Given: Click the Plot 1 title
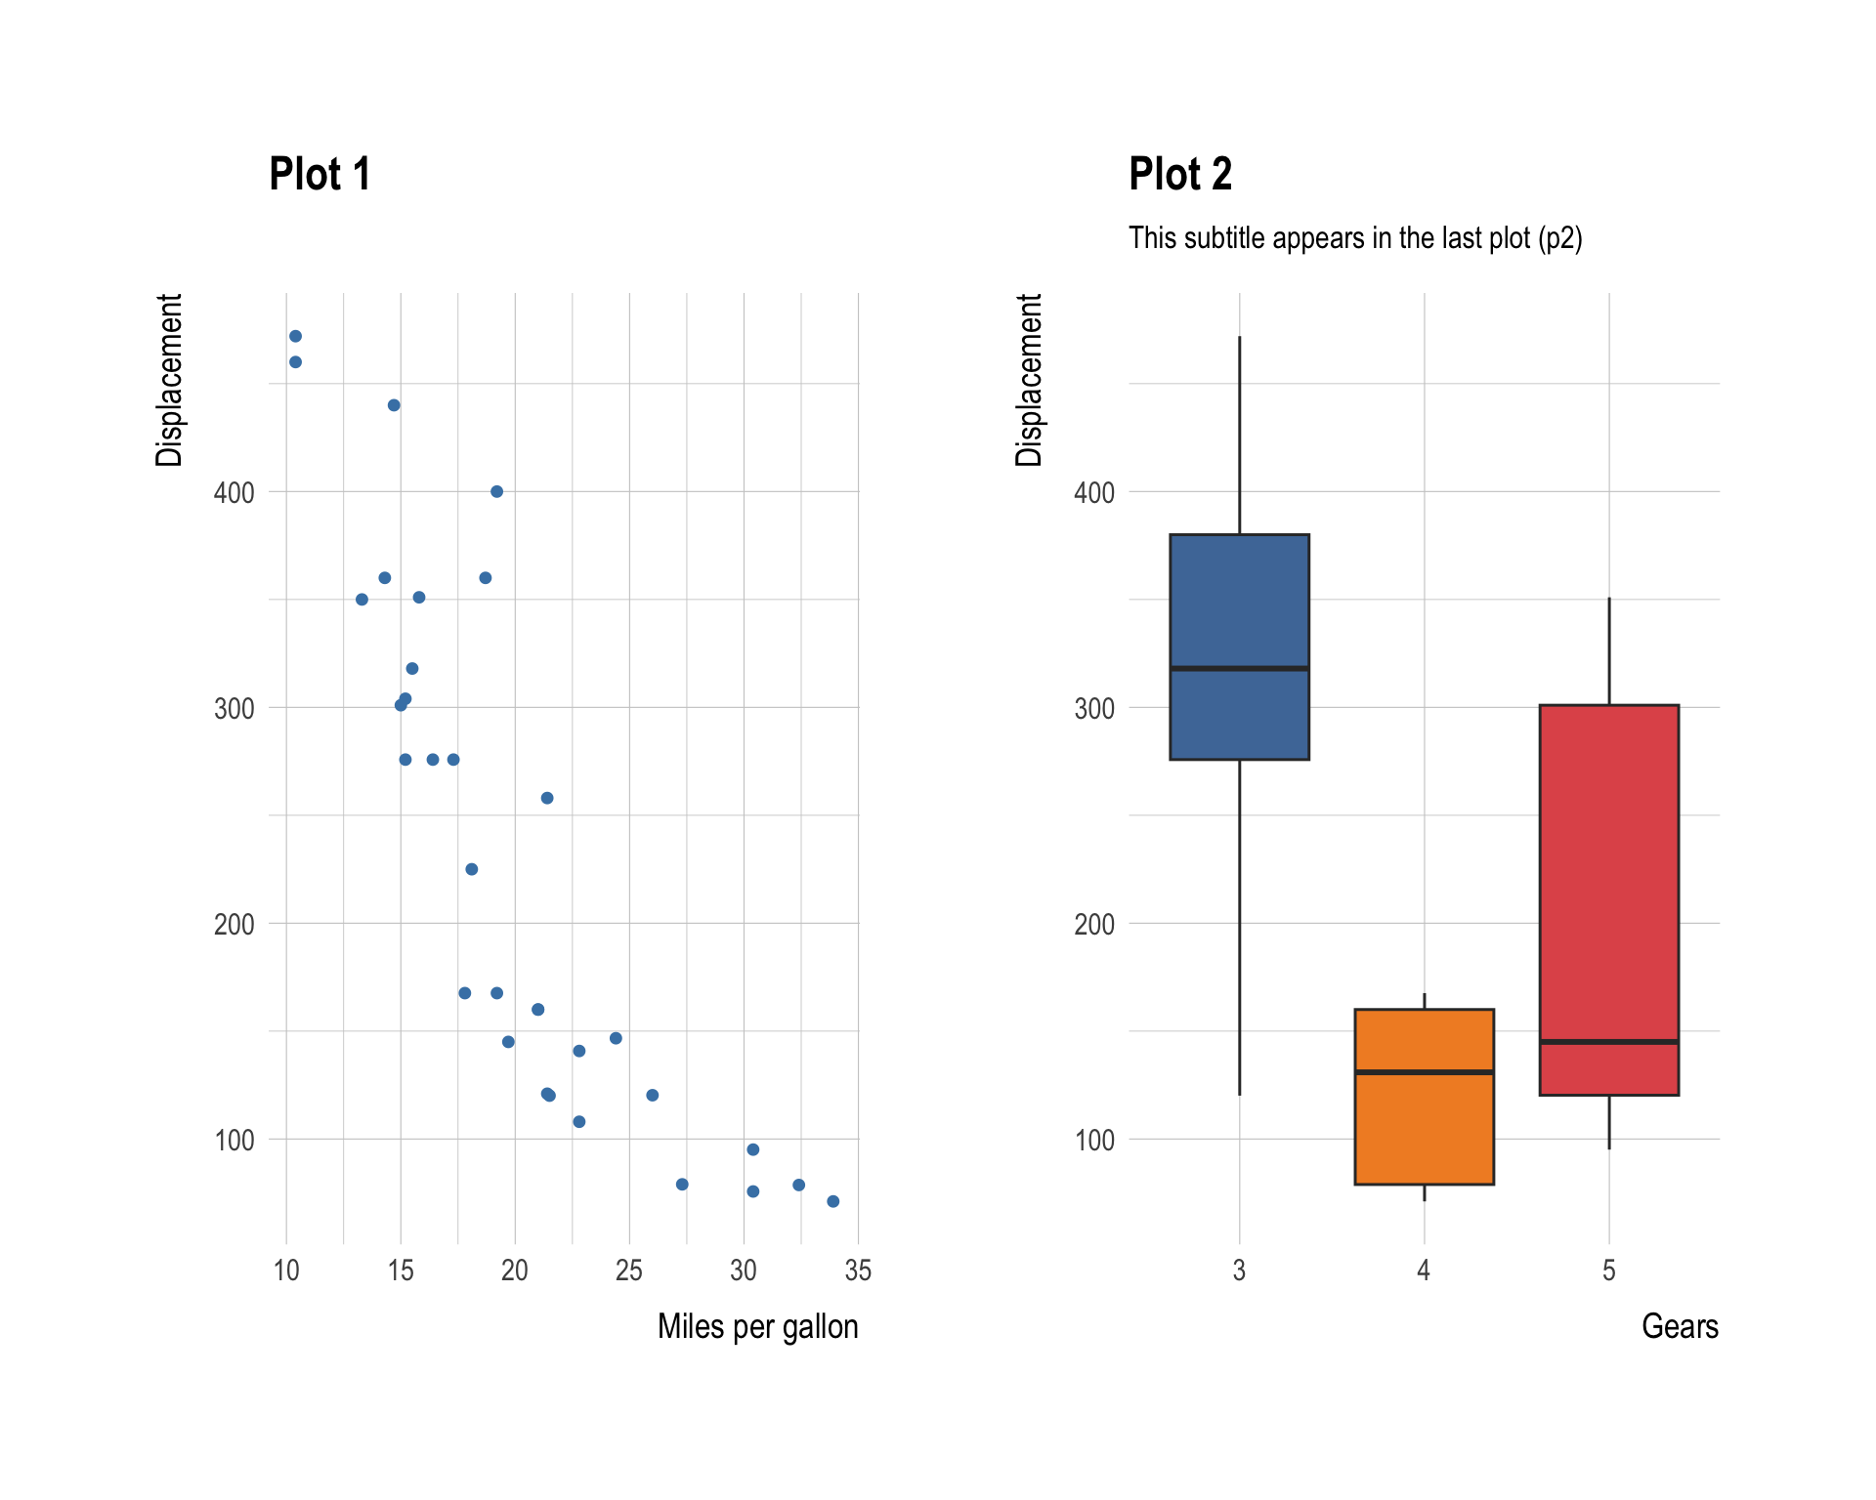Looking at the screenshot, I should point(320,175).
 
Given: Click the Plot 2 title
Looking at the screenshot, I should point(1179,175).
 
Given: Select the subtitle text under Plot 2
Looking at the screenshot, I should point(1354,238).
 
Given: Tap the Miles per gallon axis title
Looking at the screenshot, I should point(757,1326).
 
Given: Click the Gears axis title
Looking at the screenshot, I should point(1679,1326).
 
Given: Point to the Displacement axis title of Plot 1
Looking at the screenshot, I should point(169,380).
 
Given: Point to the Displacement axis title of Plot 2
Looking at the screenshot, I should point(1029,380).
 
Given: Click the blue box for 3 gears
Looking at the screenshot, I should point(1239,605).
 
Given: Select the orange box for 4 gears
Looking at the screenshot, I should point(1424,1133).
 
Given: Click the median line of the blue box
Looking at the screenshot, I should point(1239,668).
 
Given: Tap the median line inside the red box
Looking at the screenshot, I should point(1608,1042).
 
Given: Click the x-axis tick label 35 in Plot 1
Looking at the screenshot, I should point(858,1271).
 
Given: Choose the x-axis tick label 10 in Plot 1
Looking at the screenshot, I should point(286,1271).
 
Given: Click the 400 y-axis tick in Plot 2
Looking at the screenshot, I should point(1093,492).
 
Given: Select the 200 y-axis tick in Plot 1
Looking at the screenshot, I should point(234,924).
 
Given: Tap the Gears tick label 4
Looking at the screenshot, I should point(1424,1271).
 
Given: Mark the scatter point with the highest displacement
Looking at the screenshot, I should point(295,336).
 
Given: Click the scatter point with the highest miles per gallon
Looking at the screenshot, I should point(832,1201).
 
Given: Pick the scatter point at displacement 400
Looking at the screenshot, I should point(496,491).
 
